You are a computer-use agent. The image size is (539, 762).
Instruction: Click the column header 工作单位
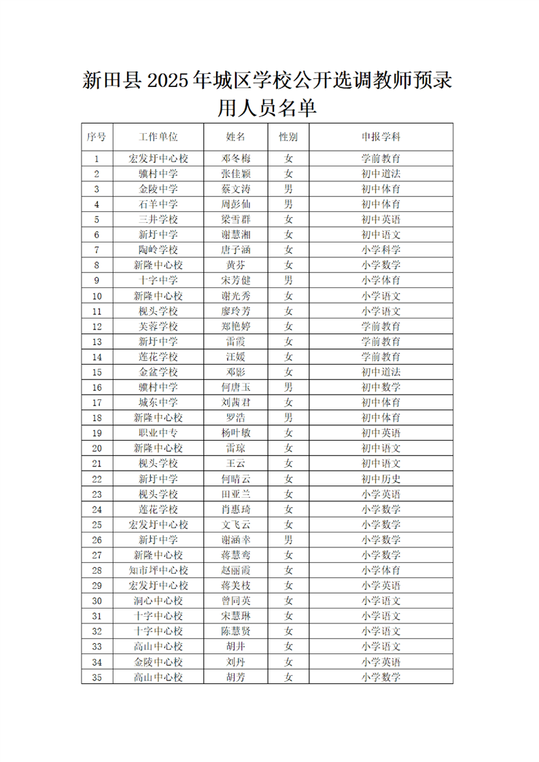tap(158, 137)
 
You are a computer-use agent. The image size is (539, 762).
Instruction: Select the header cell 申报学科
tap(381, 137)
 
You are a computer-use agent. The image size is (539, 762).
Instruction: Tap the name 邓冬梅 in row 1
tap(236, 159)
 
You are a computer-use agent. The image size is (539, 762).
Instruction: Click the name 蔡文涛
tap(236, 189)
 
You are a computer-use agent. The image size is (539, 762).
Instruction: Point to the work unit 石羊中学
tap(158, 204)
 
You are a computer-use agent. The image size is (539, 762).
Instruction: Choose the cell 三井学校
tap(158, 219)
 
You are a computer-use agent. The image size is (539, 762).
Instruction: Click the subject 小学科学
tap(381, 249)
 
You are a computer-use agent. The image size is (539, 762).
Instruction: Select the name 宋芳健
tap(236, 280)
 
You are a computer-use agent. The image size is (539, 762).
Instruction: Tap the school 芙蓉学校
tap(158, 326)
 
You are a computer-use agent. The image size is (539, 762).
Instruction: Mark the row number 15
tap(97, 372)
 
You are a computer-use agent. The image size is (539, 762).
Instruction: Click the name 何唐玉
tap(236, 387)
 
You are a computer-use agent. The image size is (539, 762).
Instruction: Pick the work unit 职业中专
tap(158, 433)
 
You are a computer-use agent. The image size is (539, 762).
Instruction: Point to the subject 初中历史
tap(381, 479)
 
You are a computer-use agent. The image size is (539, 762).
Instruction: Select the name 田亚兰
tap(236, 494)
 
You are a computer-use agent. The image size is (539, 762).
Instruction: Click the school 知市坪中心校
tap(158, 570)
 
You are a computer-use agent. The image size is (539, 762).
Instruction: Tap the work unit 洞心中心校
tap(158, 600)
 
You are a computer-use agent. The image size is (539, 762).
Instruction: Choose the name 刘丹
tap(236, 661)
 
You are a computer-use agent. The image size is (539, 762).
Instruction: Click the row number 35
tap(97, 676)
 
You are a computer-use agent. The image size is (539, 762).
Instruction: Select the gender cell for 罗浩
tap(288, 418)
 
